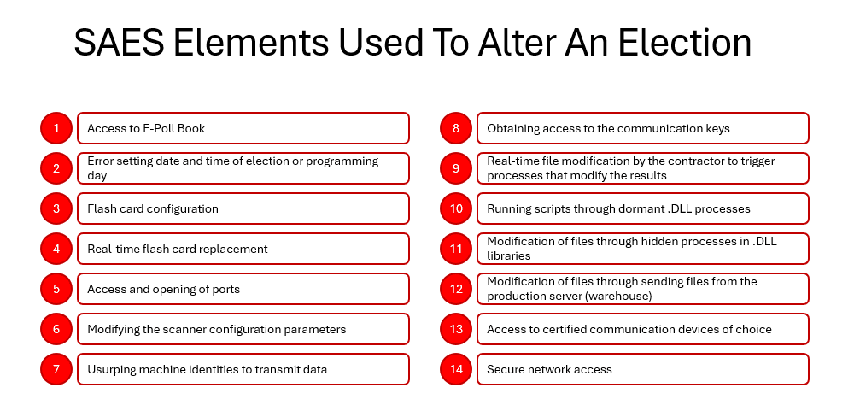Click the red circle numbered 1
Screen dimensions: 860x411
click(56, 128)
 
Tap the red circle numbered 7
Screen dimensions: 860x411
click(56, 369)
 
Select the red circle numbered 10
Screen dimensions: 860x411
click(456, 208)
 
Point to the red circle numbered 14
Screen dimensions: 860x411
click(456, 369)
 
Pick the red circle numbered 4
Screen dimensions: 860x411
click(56, 249)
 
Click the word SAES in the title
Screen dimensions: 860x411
click(119, 43)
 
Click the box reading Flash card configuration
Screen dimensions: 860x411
click(243, 208)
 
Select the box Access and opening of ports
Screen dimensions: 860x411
click(243, 289)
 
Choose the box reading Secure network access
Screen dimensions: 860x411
click(643, 369)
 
